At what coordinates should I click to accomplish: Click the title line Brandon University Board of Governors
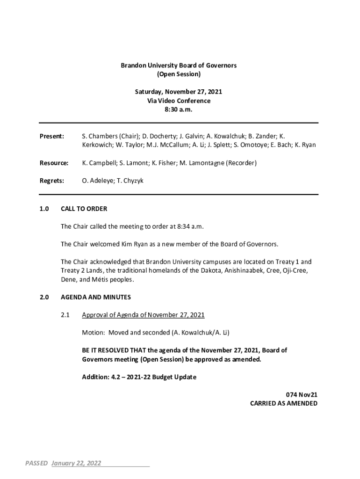(x=179, y=65)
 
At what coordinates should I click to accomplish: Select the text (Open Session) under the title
(x=179, y=74)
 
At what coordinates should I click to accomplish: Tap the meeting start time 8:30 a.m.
(x=179, y=109)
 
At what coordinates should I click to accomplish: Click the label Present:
(x=51, y=136)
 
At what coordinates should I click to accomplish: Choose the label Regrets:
(x=51, y=181)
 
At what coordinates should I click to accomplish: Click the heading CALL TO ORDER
(x=84, y=209)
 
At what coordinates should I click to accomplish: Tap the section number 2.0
(x=44, y=297)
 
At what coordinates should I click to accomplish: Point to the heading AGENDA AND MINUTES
(x=96, y=297)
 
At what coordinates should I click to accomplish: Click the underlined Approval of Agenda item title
(x=143, y=315)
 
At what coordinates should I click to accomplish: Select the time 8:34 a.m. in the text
(x=190, y=226)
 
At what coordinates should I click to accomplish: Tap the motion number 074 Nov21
(x=302, y=395)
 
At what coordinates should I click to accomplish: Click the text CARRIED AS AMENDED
(x=284, y=403)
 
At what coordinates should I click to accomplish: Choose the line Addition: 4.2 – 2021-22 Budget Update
(x=139, y=377)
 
